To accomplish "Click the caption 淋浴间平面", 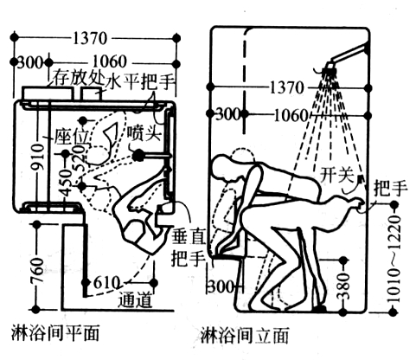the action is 55,334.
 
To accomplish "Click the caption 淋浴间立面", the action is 245,335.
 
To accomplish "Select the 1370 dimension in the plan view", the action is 90,38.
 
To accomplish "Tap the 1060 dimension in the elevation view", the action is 291,116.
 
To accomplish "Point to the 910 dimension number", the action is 38,157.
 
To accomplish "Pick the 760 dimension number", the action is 38,271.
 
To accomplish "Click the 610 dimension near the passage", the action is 106,283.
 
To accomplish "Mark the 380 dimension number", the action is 343,286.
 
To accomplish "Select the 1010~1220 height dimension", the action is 394,259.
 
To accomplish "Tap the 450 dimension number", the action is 67,183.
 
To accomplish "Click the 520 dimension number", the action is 80,158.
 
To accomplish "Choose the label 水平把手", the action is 140,81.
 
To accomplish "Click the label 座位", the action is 72,136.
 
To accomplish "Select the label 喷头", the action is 144,133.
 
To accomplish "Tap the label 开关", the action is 337,174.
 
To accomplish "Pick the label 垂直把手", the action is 189,247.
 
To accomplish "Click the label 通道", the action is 135,300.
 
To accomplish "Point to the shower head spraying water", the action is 330,68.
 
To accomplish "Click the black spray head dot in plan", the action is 138,155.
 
